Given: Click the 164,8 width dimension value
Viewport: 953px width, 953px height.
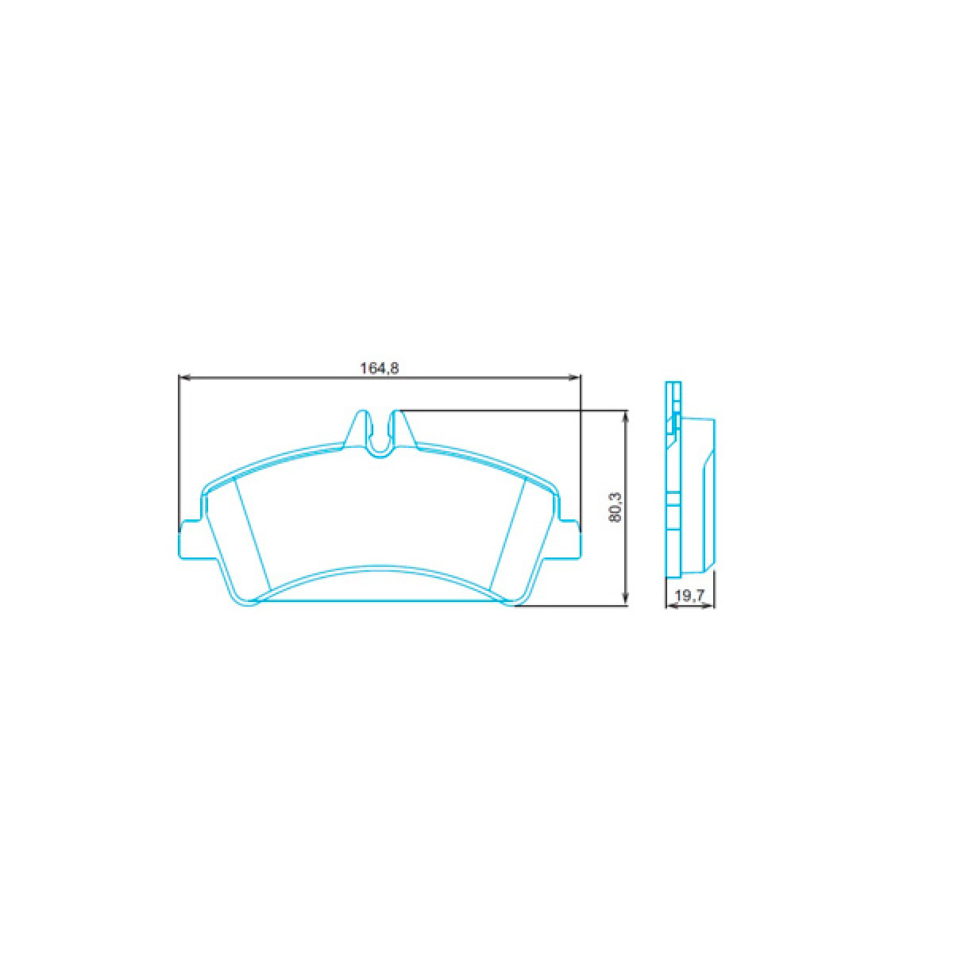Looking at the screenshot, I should [x=379, y=368].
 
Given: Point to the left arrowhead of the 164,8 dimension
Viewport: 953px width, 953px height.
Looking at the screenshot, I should [x=182, y=376].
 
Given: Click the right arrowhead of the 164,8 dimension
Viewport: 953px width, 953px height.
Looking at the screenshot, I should [x=576, y=376].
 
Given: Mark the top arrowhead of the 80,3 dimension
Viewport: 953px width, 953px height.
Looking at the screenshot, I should [x=627, y=416].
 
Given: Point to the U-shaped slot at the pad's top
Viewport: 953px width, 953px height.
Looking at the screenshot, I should [x=382, y=437].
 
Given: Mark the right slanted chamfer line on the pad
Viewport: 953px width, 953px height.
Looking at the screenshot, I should [x=507, y=536].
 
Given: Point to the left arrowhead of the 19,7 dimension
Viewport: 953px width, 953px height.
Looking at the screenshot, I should [x=669, y=608].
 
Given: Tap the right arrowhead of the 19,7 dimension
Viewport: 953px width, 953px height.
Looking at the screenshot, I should [x=711, y=608].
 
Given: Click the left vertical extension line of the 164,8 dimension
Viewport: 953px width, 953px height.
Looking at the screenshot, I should [x=178, y=453].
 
